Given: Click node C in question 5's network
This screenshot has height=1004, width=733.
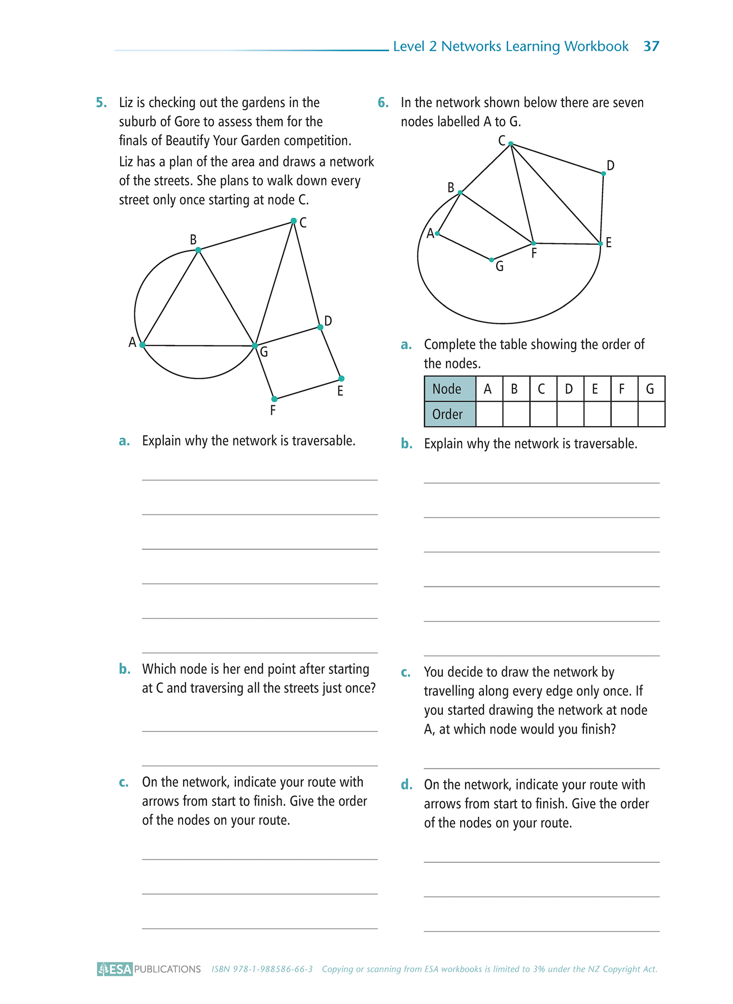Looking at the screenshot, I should [x=294, y=221].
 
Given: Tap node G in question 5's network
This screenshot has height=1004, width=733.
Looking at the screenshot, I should [x=255, y=346].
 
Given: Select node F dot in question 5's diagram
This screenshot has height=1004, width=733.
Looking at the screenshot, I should [x=274, y=399].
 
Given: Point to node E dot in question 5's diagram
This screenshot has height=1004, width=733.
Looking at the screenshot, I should [x=341, y=378].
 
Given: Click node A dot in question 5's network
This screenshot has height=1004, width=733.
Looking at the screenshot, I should [x=143, y=345].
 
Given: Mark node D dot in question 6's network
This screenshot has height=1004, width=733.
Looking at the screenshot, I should [x=604, y=174].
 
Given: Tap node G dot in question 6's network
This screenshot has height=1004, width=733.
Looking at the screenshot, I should [x=491, y=260].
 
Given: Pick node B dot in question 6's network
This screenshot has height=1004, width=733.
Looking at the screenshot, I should [x=460, y=193].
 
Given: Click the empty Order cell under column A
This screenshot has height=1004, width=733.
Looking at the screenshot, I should [x=489, y=414].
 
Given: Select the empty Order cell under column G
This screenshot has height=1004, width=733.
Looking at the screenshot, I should [x=651, y=414].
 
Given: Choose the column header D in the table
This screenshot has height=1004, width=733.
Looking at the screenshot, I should [x=570, y=389].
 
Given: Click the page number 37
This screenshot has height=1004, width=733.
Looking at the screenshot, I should [x=651, y=46].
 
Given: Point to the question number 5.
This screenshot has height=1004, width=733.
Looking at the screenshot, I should [x=101, y=102].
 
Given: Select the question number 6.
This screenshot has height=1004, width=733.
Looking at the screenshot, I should [x=383, y=102].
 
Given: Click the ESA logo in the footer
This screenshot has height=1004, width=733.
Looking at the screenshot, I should [x=115, y=969].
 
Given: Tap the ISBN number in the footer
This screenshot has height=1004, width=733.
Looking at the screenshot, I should [x=262, y=969].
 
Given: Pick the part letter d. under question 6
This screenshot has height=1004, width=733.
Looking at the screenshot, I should [x=406, y=785].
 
